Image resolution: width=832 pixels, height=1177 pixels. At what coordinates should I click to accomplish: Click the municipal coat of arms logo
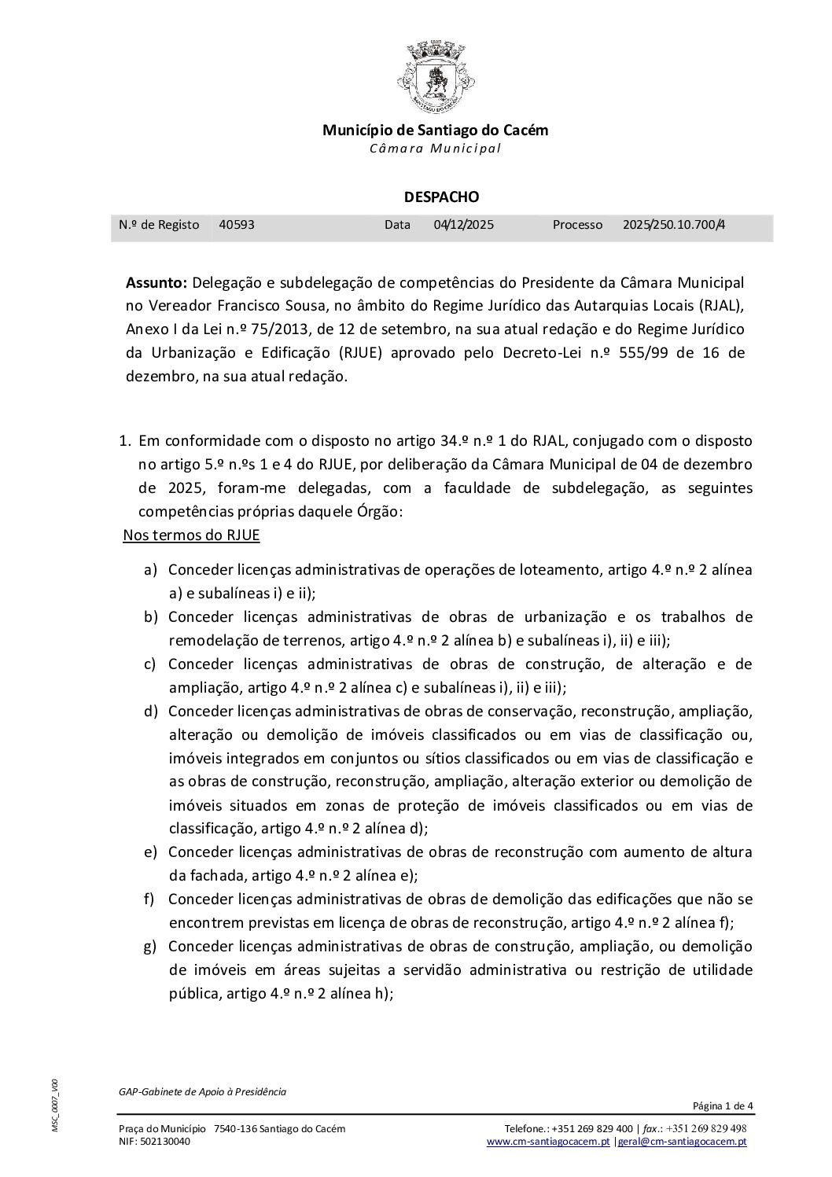click(435, 75)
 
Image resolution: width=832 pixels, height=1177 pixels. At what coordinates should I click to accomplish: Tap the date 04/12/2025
click(463, 225)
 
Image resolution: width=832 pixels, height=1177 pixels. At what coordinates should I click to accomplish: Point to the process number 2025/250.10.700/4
click(673, 225)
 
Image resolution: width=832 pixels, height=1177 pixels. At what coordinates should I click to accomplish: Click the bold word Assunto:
click(156, 282)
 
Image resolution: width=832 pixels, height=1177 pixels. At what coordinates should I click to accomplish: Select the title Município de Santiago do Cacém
click(435, 131)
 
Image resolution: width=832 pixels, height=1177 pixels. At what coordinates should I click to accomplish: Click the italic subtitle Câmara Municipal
click(435, 149)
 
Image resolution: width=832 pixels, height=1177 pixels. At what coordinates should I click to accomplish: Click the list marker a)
click(150, 569)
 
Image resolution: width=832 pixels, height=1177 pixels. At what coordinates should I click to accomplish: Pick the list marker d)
click(150, 711)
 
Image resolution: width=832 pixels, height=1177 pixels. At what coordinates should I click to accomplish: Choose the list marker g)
click(150, 946)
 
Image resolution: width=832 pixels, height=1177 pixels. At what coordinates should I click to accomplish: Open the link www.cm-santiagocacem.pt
click(548, 1142)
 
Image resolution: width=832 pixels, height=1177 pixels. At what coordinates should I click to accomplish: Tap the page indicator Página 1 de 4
click(723, 1106)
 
